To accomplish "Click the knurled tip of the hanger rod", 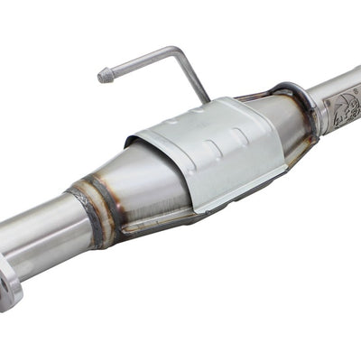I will [104, 77].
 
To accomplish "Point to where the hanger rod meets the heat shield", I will [204, 97].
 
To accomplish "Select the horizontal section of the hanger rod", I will [140, 63].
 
